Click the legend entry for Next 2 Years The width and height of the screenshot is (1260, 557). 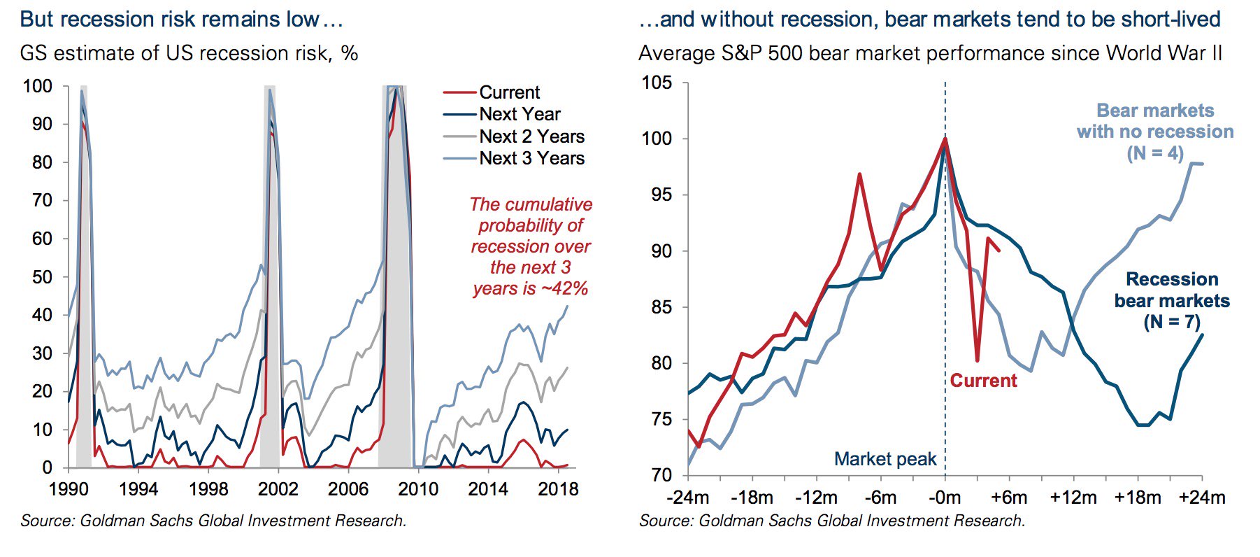click(x=531, y=136)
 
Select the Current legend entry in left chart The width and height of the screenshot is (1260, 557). click(x=509, y=92)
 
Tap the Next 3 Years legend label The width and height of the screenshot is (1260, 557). click(x=531, y=158)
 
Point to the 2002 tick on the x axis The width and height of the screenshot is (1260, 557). click(x=278, y=488)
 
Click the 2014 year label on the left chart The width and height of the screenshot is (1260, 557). click(x=488, y=488)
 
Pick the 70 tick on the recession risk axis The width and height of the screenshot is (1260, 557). click(x=38, y=200)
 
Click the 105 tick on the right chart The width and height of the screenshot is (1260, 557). click(x=657, y=83)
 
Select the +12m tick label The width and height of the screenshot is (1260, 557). click(x=1073, y=498)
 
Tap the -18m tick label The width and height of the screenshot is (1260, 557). click(x=752, y=498)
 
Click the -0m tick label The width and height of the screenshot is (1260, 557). click(x=945, y=498)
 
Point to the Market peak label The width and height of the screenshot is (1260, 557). click(x=885, y=459)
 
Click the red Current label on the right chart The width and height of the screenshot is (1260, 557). click(x=983, y=381)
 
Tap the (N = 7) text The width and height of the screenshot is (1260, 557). click(x=1172, y=322)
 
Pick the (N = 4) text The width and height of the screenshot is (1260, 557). click(x=1155, y=153)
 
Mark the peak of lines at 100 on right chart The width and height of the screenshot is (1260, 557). click(x=945, y=139)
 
